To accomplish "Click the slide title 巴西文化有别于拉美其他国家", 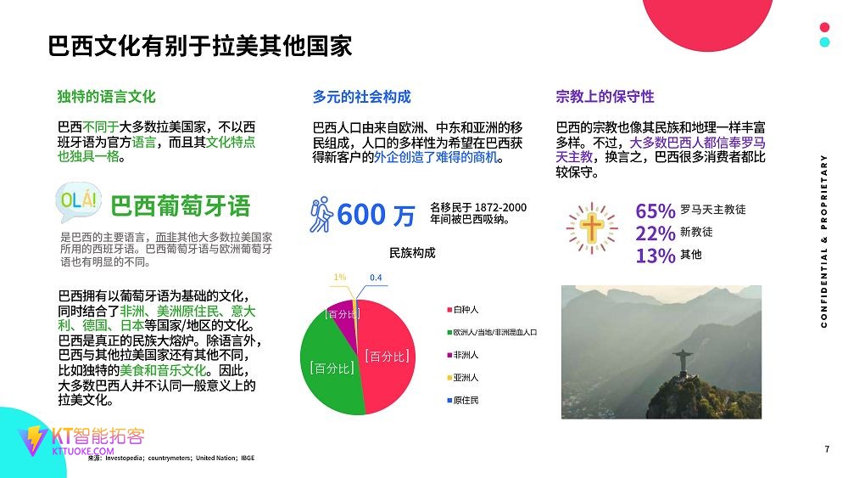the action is pos(200,46).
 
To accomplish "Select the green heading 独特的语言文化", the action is pos(107,97).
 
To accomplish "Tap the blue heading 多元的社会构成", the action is pos(362,97).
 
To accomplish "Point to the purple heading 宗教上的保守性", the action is pos(605,97).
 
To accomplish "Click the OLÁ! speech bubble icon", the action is pos(78,202).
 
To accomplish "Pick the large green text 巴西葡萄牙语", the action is pos(180,206).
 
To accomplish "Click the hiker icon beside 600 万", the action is pos(321,215).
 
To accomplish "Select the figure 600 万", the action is pos(376,215).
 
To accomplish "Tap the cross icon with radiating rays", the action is pos(592,228).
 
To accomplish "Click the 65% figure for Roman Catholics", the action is pos(656,211).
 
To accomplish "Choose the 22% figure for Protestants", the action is pos(656,233).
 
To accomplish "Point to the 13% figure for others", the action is pos(656,256).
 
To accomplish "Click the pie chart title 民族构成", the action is pos(412,253).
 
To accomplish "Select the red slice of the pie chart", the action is pos(387,351).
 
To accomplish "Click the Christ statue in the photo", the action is pos(683,363).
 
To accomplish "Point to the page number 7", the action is pos(827,449).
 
